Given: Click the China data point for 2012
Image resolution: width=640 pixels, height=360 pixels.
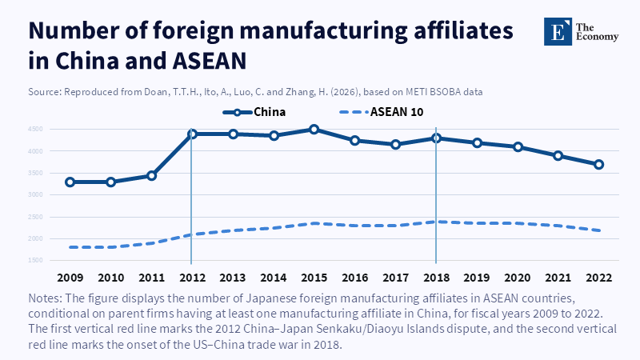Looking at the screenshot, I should point(192,134).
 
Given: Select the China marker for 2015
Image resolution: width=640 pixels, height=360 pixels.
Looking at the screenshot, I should point(314,129).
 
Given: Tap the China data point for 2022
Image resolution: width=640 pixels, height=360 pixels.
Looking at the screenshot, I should point(598,164).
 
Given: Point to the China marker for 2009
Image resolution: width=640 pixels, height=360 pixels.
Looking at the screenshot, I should point(70,182).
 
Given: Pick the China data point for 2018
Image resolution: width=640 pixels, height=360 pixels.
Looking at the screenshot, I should point(436,138).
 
